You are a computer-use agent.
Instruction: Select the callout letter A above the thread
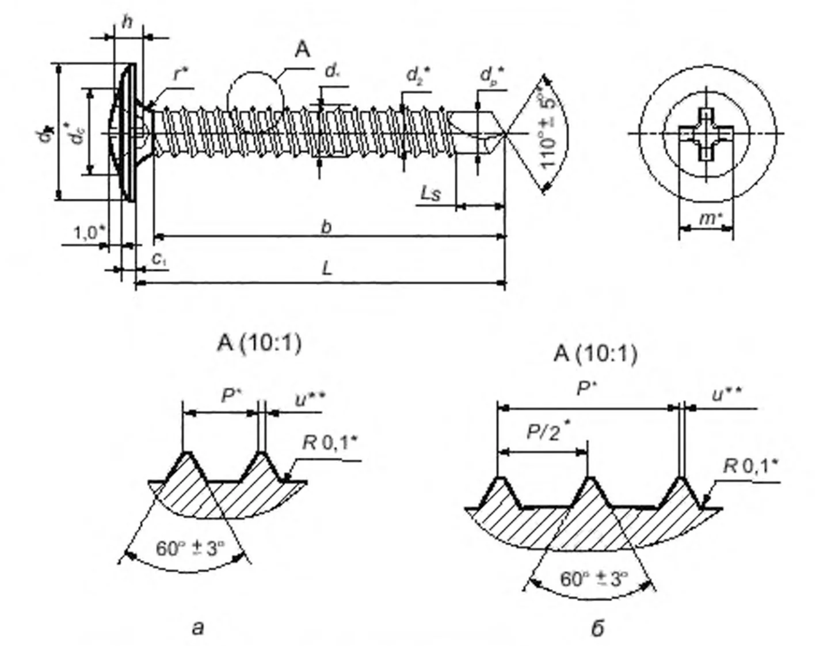[x=303, y=50]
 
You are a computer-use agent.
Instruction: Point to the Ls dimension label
[x=431, y=193]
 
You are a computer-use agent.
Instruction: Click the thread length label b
[x=326, y=227]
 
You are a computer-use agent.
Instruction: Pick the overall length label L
[x=326, y=268]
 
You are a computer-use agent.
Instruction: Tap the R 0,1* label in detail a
[x=330, y=443]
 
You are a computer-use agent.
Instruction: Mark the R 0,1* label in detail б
[x=752, y=465]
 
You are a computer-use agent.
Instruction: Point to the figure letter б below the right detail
[x=597, y=628]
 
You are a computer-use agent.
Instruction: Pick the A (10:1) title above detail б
[x=596, y=354]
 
